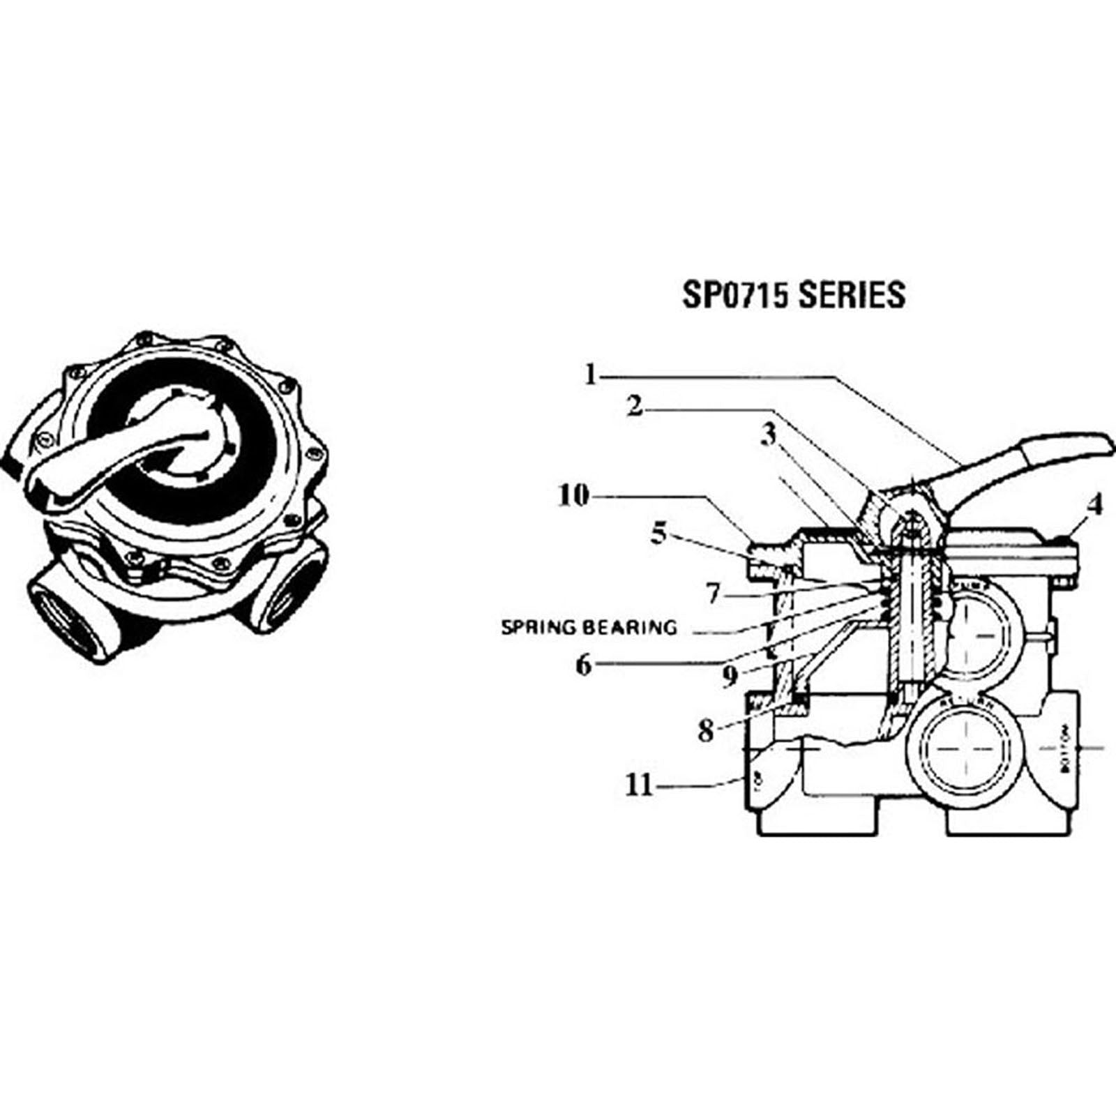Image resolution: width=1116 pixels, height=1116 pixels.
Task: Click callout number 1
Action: (591, 375)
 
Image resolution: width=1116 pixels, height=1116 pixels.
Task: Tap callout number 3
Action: (768, 435)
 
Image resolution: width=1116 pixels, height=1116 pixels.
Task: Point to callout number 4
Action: (1094, 504)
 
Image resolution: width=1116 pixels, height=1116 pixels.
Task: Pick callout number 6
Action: (583, 665)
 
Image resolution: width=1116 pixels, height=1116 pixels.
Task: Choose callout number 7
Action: (712, 594)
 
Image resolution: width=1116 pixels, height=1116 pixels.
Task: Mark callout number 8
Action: (706, 732)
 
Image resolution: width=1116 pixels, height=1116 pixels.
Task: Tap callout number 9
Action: (730, 674)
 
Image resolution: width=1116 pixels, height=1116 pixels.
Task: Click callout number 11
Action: (639, 786)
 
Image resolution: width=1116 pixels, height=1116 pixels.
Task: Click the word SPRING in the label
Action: (539, 628)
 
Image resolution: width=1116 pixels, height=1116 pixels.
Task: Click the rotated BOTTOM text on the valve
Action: (1064, 748)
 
